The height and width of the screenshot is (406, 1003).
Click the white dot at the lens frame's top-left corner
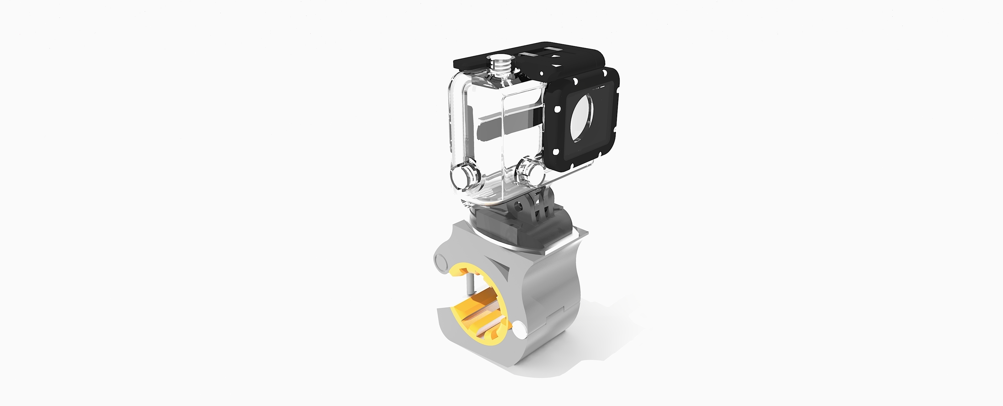click(574, 81)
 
